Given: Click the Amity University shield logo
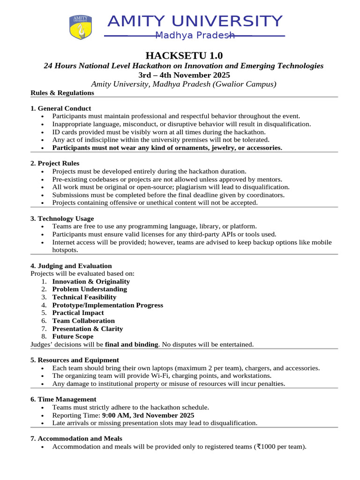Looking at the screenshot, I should coord(80,27).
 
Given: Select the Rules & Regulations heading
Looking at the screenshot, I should coord(62,93).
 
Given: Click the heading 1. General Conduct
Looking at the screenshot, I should coord(61,108).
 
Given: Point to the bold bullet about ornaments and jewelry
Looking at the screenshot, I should coord(167,148).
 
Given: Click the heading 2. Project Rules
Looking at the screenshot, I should coord(55,163).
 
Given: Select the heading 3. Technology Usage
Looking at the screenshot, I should coord(62,218).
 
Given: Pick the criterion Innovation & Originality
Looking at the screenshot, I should coord(91,281).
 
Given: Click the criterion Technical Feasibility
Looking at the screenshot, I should coord(84,297).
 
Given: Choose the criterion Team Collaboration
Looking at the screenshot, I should coord(83,321).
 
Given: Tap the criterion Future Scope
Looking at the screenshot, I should coord(73,337).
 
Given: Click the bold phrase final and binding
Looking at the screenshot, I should coord(131,345).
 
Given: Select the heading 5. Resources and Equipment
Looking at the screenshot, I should coord(75,360).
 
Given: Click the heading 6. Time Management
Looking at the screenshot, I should coord(63,399).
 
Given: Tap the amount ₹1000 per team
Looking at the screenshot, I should coord(280,447).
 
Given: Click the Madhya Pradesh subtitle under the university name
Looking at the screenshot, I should coord(195,36).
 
